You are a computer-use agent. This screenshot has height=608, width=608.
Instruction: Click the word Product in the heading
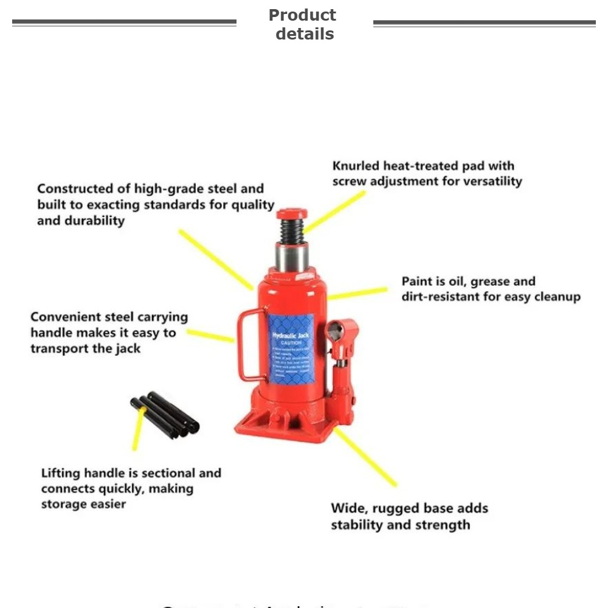click(x=302, y=15)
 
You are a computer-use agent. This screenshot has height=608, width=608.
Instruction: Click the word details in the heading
click(x=305, y=34)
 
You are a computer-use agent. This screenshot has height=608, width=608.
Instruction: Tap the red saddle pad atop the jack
click(x=292, y=214)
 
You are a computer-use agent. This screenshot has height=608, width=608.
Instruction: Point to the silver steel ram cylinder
click(x=292, y=257)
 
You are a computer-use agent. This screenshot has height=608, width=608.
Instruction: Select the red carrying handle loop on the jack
click(x=249, y=344)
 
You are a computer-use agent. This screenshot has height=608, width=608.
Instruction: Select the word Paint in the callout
click(x=416, y=282)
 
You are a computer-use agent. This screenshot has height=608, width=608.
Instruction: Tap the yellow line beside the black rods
click(x=139, y=429)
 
